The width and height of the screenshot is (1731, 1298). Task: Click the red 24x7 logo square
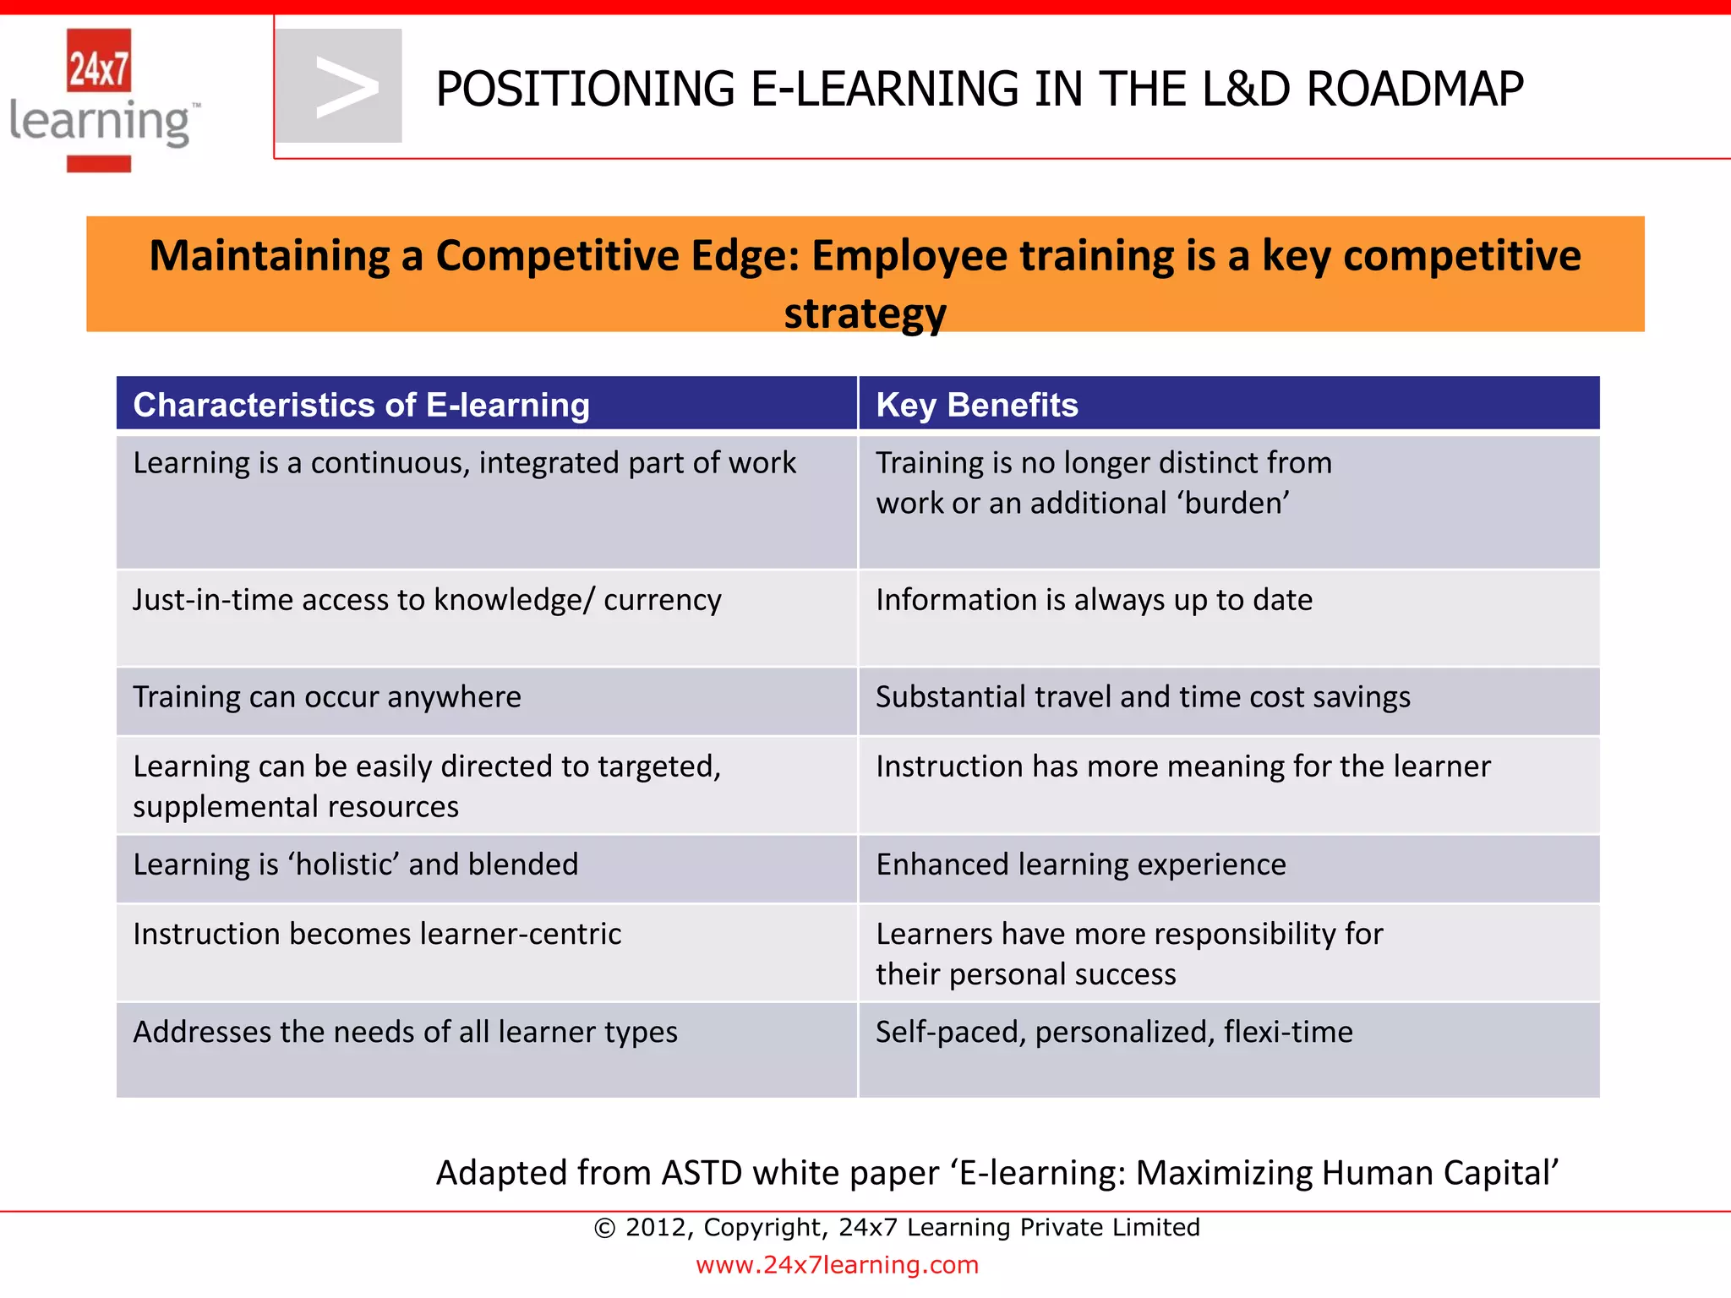coord(99,60)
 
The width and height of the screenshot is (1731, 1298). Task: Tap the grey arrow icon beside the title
coord(340,86)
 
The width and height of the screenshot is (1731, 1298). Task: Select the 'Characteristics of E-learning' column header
coord(361,405)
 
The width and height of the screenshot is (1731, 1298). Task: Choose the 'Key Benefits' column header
coord(976,405)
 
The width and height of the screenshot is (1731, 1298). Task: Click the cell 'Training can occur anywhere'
coord(327,697)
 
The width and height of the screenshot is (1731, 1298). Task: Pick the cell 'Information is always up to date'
coord(1094,600)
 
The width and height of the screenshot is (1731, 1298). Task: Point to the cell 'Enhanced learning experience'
coord(1080,864)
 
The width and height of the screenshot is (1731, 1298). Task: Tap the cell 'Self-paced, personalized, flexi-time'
coord(1113,1032)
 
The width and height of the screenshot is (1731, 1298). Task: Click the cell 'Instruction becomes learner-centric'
coord(377,934)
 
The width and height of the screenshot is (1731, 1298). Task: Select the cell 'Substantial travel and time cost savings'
coord(1143,697)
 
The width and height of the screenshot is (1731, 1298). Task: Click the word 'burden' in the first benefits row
coord(1237,504)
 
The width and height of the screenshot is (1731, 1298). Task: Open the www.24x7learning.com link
coord(837,1265)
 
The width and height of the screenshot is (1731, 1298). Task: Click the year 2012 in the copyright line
coord(658,1227)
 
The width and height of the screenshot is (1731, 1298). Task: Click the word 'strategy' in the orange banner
coord(865,314)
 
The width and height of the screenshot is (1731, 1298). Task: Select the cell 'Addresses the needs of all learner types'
coord(405,1032)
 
